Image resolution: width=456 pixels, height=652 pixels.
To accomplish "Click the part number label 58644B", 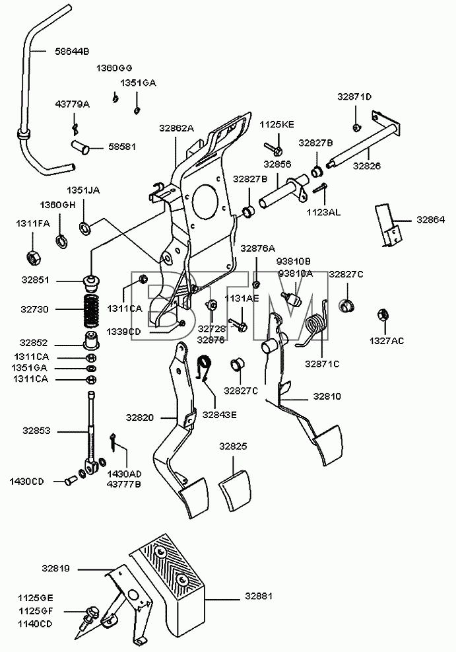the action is (72, 52).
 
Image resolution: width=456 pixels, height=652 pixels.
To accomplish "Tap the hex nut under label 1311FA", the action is (34, 259).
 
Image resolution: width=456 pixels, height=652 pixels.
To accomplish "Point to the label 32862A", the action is (176, 129).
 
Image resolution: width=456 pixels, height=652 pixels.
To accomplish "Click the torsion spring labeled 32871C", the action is (318, 322).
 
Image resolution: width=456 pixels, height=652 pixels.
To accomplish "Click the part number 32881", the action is (258, 597).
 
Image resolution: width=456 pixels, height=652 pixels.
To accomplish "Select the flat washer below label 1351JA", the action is (85, 227).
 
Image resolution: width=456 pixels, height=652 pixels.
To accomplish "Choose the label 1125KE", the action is (277, 125).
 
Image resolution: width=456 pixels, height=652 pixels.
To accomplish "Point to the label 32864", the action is (431, 219).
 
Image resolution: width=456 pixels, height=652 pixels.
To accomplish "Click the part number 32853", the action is (36, 431).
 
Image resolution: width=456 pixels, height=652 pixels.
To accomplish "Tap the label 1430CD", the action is (26, 482).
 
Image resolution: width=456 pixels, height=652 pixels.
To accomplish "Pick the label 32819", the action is (55, 568).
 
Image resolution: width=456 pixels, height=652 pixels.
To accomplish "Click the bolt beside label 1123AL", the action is (319, 188).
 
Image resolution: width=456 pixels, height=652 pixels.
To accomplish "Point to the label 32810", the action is (327, 397).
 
